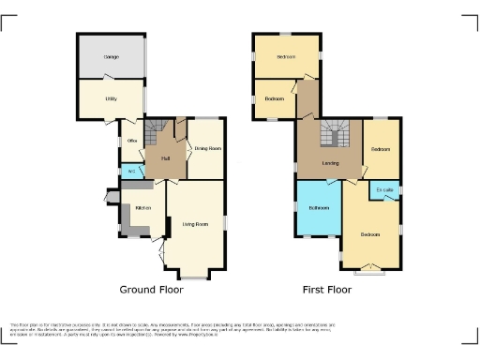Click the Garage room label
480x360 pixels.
111,57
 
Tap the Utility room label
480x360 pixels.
111,98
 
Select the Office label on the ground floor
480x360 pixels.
132,142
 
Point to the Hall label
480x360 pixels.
165,157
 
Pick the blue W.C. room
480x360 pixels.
130,172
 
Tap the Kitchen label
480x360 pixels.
142,208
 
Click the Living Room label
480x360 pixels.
195,224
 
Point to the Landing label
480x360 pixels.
331,163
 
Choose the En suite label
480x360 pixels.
384,190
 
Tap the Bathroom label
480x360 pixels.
318,207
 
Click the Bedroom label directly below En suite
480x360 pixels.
371,233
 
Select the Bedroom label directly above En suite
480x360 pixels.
380,149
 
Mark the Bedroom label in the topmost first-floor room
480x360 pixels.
286,57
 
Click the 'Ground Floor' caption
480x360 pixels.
151,290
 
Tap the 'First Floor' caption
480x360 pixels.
326,290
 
